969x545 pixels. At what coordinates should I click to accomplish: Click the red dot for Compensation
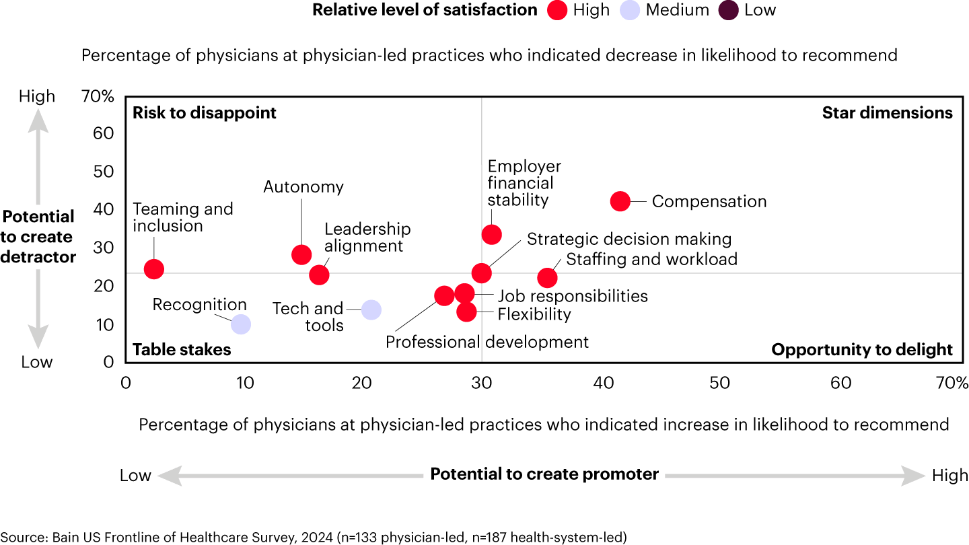(620, 201)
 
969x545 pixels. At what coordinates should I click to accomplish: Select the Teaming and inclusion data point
(154, 269)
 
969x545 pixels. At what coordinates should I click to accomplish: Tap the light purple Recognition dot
(241, 324)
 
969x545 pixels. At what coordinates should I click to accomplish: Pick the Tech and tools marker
(371, 310)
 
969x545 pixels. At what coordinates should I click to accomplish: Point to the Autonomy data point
(301, 254)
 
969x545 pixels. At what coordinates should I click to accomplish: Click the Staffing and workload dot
(548, 277)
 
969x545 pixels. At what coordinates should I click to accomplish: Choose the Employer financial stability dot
(492, 235)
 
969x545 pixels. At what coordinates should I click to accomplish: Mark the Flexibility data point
(466, 312)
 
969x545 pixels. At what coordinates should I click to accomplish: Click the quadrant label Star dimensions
(887, 113)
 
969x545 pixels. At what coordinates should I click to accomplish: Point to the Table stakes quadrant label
(182, 350)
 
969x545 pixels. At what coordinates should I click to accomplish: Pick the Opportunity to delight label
(861, 350)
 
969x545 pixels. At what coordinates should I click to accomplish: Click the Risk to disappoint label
(205, 113)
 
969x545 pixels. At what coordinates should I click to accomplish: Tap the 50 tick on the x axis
(720, 383)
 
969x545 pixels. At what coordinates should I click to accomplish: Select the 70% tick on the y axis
(98, 97)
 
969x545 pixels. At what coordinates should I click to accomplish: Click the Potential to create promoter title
(544, 474)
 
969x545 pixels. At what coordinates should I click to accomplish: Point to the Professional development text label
(487, 342)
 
